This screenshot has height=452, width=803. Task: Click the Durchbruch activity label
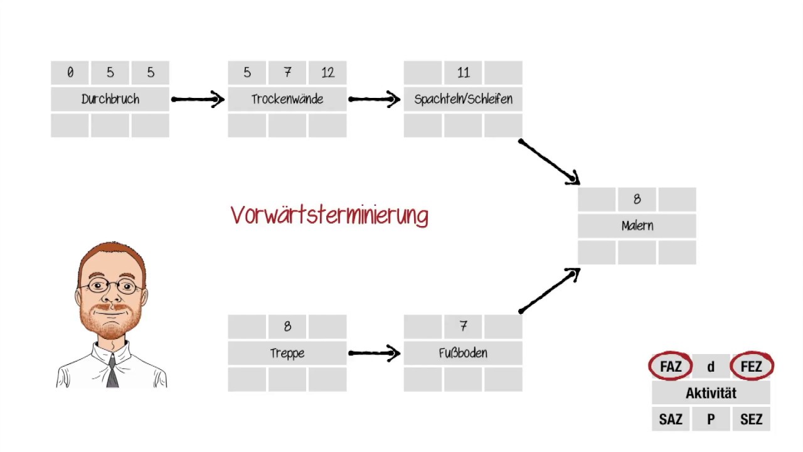(110, 99)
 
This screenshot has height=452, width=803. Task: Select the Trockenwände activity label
(287, 99)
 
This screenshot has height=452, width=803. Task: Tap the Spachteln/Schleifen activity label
(463, 99)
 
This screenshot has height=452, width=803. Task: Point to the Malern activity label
(637, 226)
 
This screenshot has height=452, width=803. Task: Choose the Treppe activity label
(287, 353)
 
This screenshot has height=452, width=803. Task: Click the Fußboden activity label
(463, 353)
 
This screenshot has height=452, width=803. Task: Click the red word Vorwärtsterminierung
(329, 215)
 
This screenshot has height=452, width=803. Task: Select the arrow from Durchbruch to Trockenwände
(198, 99)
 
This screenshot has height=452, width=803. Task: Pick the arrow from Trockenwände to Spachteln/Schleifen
(375, 99)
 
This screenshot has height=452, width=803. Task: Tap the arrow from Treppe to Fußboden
(375, 353)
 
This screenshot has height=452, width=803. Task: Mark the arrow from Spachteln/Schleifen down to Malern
(549, 162)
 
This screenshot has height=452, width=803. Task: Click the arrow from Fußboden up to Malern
(549, 290)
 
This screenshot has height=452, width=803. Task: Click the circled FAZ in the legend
(671, 367)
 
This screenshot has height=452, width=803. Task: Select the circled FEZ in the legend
(751, 367)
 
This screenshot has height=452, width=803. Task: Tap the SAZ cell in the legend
(671, 419)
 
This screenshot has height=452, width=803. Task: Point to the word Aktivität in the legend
(711, 393)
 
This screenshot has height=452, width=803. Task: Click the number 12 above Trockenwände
(327, 73)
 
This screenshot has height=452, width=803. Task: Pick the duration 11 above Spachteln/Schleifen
(463, 73)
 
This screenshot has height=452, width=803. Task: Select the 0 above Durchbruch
(70, 73)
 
